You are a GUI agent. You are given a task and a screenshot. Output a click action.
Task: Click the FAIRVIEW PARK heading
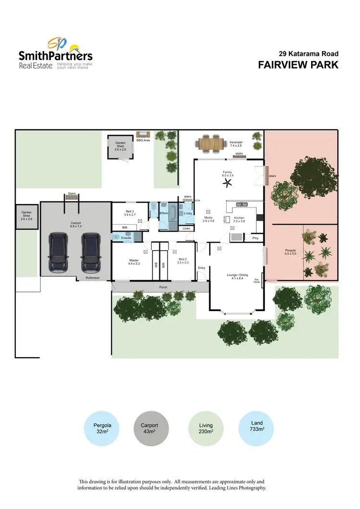point(298,65)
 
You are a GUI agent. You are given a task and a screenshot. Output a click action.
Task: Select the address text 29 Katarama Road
point(309,54)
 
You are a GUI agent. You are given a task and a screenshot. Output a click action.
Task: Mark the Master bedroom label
point(133,262)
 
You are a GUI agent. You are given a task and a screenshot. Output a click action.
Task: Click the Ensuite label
point(126,237)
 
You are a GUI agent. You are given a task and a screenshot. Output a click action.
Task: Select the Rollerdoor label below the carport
point(93,278)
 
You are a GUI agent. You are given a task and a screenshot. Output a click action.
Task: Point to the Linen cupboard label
point(186,229)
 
